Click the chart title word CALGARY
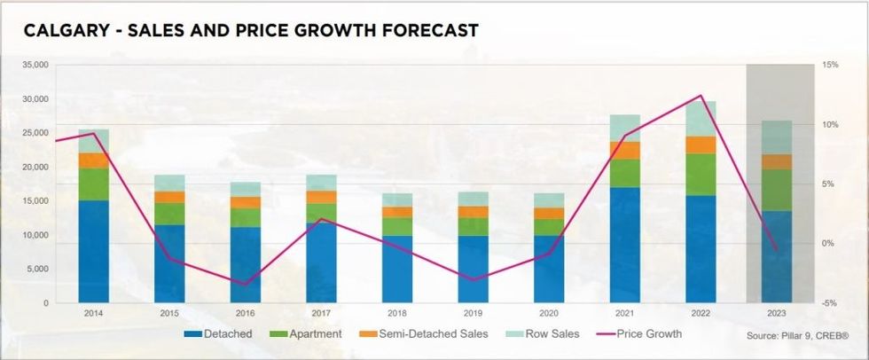(60, 31)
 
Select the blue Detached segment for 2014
(93, 251)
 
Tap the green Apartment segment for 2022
(701, 174)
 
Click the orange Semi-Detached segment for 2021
(624, 150)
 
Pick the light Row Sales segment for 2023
(777, 137)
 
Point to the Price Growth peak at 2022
(701, 96)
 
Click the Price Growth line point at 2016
(246, 284)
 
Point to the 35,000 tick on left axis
(35, 65)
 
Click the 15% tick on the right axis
(830, 65)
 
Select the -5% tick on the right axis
(830, 303)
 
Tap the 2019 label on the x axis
(473, 313)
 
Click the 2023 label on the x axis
(777, 313)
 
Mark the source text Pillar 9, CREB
(798, 337)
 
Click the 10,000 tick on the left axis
(35, 235)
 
